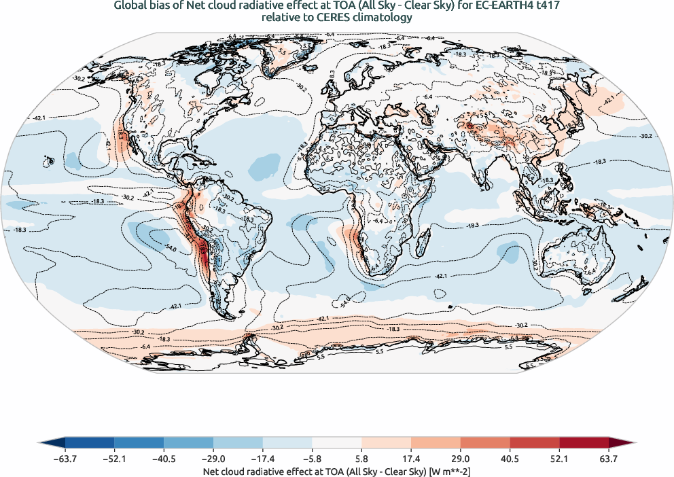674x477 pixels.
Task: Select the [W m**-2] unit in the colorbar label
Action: (x=444, y=470)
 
